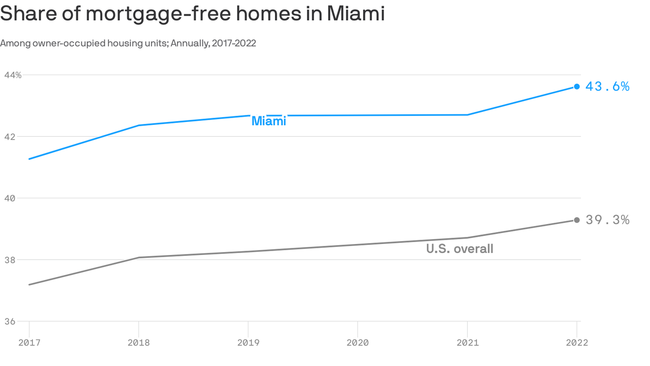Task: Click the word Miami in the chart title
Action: [355, 14]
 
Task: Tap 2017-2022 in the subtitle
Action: [234, 43]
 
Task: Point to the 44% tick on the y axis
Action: [13, 75]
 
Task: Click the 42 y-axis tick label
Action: [10, 137]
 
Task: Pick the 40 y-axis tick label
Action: [10, 198]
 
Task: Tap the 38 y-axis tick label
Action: [10, 260]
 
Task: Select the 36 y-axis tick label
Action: [10, 322]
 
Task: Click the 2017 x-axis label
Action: [30, 343]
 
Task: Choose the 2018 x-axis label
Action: [138, 343]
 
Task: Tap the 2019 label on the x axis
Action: [248, 343]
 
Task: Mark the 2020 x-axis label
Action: [357, 343]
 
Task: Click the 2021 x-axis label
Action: [467, 343]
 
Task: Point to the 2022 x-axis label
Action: [577, 343]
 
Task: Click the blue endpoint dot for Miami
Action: [577, 86]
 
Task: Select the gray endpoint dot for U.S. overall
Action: [577, 220]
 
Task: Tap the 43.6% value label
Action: [607, 86]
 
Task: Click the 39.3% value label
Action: [607, 220]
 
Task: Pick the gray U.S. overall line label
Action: [460, 249]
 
